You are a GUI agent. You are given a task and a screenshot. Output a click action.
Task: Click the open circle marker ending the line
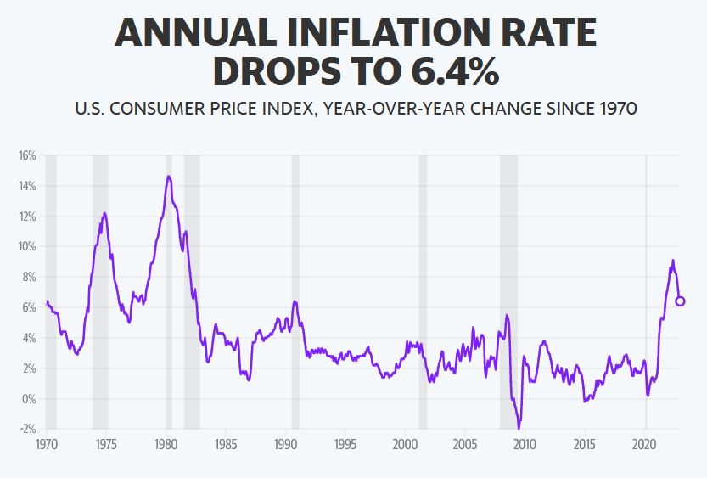pyautogui.click(x=680, y=301)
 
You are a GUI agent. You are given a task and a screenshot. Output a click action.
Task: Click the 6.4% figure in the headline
pyautogui.click(x=455, y=71)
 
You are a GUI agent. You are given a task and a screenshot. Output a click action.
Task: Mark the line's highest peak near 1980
pyautogui.click(x=168, y=177)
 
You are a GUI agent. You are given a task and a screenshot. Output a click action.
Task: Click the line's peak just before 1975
pyautogui.click(x=104, y=213)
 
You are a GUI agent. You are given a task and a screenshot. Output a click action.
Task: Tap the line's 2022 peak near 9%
pyautogui.click(x=673, y=261)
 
